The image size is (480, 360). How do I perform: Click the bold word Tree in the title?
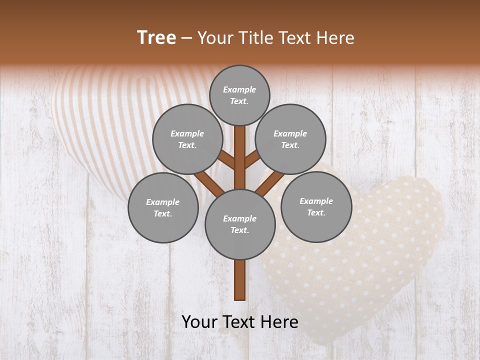click(156, 37)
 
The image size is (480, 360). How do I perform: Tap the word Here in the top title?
click(335, 37)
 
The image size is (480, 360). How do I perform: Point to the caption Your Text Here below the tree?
click(240, 321)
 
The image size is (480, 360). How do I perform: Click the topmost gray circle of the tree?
click(239, 95)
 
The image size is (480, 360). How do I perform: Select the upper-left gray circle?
click(187, 139)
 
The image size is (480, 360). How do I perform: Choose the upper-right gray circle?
click(290, 139)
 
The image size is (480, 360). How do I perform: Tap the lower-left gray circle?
click(163, 207)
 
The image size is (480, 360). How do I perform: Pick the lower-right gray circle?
click(316, 206)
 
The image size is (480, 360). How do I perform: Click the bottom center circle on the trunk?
click(240, 224)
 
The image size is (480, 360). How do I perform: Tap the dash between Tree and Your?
click(186, 38)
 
